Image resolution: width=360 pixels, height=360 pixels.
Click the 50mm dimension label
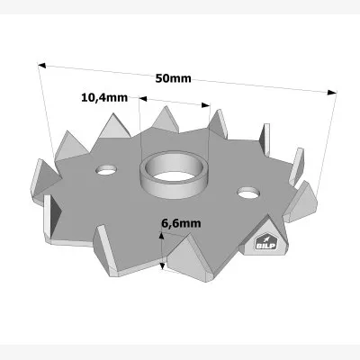[173, 77]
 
